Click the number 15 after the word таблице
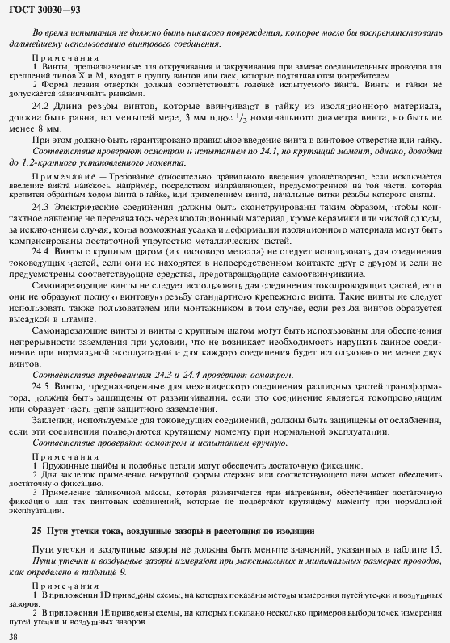click(435, 549)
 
